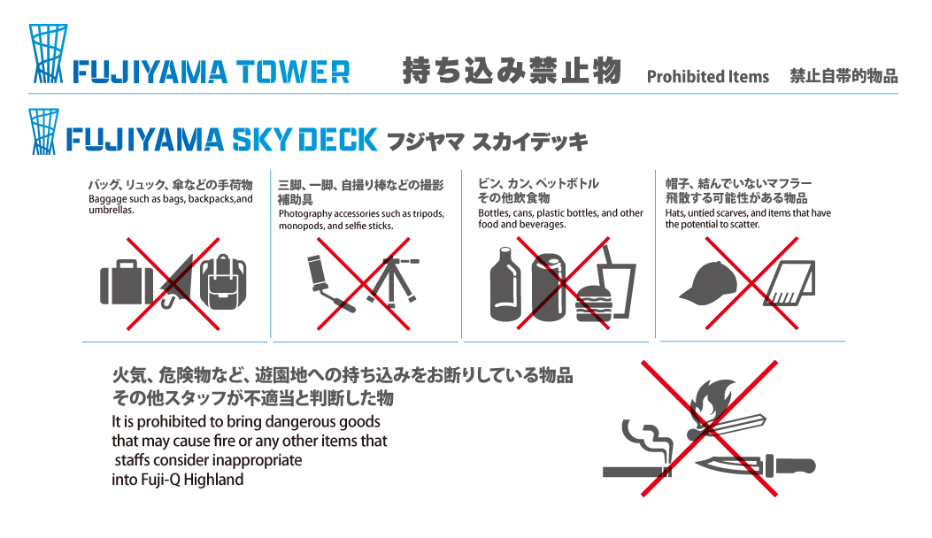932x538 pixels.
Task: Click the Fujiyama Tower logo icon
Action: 48,53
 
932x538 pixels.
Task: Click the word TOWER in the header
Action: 294,72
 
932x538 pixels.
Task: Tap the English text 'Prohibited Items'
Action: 707,77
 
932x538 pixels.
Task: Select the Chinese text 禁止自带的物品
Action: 843,76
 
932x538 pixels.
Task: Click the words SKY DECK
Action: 304,140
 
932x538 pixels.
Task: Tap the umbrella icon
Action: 177,281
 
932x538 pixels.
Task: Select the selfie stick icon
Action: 329,284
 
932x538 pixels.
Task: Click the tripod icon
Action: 393,281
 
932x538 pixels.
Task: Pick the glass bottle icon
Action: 505,284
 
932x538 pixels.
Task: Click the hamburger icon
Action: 593,304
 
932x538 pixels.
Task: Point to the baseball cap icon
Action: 709,283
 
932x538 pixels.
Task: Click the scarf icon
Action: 790,283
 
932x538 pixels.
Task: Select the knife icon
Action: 756,465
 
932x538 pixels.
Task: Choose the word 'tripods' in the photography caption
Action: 426,214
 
